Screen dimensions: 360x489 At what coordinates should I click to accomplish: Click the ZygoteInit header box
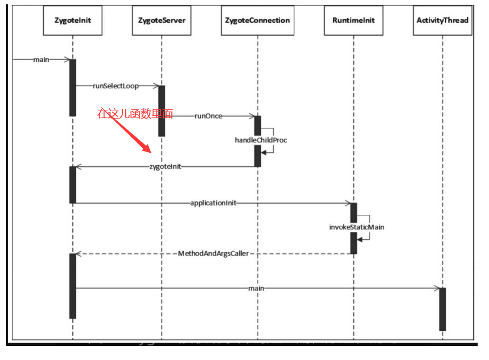(x=72, y=21)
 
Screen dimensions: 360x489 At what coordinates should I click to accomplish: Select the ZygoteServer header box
(x=161, y=21)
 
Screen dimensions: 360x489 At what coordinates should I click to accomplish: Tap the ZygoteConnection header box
(x=257, y=21)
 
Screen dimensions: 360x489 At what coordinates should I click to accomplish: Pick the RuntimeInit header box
(x=353, y=21)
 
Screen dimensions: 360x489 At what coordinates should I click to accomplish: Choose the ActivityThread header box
(x=442, y=21)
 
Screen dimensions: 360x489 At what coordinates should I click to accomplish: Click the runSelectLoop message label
(x=115, y=86)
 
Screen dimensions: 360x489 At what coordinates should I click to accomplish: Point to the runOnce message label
(x=208, y=116)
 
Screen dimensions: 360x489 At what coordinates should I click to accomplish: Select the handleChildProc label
(x=261, y=140)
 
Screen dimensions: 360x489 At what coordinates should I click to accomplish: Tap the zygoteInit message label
(x=165, y=167)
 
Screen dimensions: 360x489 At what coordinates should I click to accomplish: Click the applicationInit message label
(x=213, y=203)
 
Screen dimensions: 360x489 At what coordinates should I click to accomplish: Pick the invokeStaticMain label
(x=356, y=227)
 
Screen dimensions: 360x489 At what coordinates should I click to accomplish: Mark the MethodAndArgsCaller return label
(x=213, y=253)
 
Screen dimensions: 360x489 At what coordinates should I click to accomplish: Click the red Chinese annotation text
(x=135, y=114)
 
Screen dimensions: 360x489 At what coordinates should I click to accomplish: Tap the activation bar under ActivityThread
(x=442, y=309)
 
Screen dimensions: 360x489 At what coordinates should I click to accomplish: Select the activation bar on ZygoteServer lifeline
(x=161, y=110)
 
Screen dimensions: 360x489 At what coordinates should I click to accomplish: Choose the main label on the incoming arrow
(x=41, y=59)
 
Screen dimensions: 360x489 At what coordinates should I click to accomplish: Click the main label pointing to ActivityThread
(x=256, y=289)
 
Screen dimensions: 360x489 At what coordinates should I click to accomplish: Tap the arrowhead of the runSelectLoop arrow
(x=155, y=86)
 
